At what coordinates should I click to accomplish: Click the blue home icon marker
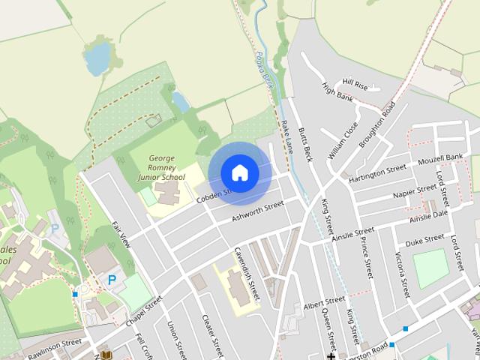pyautogui.click(x=240, y=172)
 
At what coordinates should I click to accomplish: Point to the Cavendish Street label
pyautogui.click(x=246, y=274)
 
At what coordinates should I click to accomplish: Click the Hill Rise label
pyautogui.click(x=355, y=82)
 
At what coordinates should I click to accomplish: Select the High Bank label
pyautogui.click(x=337, y=97)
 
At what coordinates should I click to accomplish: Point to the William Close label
pyautogui.click(x=343, y=140)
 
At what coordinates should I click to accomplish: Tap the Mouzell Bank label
pyautogui.click(x=440, y=158)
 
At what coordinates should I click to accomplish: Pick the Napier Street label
pyautogui.click(x=415, y=192)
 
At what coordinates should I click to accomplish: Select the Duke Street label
pyautogui.click(x=424, y=241)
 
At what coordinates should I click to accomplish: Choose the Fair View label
pyautogui.click(x=121, y=235)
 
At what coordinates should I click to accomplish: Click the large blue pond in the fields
pyautogui.click(x=97, y=58)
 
